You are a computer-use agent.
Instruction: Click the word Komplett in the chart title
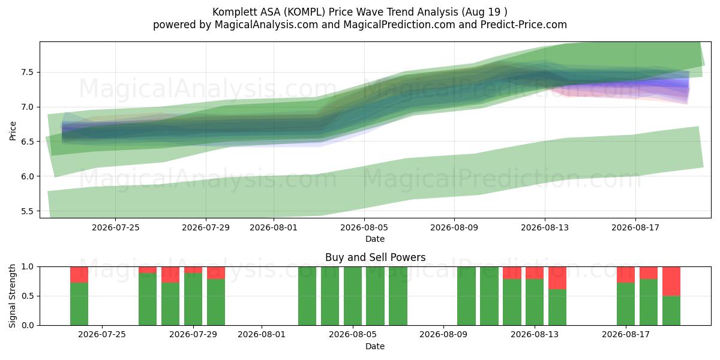[230, 12]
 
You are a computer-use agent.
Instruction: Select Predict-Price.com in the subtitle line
[524, 25]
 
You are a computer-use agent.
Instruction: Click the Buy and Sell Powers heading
[375, 257]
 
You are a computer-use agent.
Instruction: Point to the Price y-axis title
[13, 131]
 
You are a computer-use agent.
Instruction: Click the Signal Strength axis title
[12, 296]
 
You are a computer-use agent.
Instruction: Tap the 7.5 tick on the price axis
[28, 73]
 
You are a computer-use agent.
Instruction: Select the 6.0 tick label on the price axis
[28, 176]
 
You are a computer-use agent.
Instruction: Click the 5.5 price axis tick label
[28, 211]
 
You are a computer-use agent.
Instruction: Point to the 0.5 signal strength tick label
[28, 296]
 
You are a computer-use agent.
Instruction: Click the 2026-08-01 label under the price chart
[274, 228]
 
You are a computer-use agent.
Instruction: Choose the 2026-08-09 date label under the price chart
[454, 228]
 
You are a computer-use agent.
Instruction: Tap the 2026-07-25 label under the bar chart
[102, 335]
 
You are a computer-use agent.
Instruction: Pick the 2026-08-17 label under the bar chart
[626, 335]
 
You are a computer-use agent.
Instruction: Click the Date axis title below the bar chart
[375, 346]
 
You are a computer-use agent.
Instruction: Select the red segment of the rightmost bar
[671, 281]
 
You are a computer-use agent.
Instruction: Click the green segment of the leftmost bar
[79, 304]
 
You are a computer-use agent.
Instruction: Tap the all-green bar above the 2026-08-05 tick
[353, 296]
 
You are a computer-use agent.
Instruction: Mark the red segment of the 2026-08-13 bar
[535, 273]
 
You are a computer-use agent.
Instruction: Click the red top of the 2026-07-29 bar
[193, 270]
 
